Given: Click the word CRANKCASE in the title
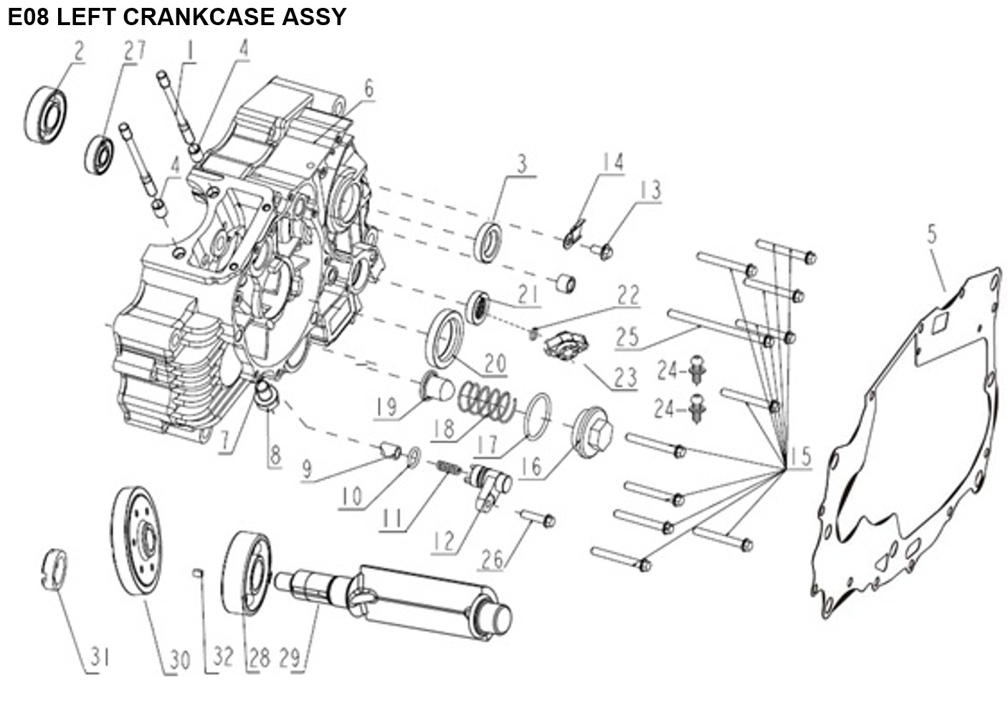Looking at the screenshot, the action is tap(199, 17).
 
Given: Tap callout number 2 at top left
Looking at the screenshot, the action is tap(79, 51).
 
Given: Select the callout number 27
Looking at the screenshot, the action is tap(135, 50).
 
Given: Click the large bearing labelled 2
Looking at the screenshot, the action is tap(45, 115).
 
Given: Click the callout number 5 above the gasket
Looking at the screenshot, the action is tap(932, 235).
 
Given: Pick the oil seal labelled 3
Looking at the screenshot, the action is tap(488, 242).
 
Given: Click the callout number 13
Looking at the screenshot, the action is tap(650, 190).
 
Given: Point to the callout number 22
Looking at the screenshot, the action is tap(628, 296).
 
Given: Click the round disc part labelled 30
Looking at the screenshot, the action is tap(137, 542).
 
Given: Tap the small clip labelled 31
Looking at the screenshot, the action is tap(54, 570).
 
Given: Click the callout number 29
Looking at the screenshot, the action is tap(290, 658).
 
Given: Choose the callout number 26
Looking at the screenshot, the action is tap(492, 560).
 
